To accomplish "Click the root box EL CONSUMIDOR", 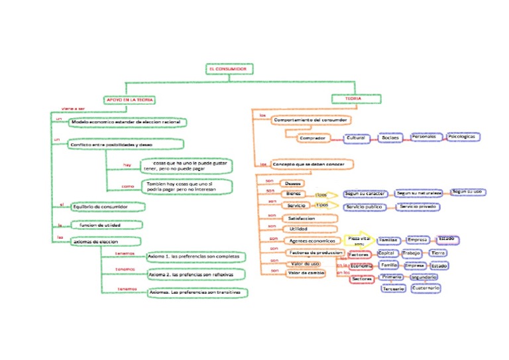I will coord(229,69).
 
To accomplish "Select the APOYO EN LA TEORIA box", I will coord(129,99).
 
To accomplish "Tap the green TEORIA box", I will coord(357,99).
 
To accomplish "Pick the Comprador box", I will coord(311,139).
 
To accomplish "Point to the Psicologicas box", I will coord(462,137).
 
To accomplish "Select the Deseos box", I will coord(292,184).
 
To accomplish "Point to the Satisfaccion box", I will coord(302,217).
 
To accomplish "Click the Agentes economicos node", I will coord(311,241).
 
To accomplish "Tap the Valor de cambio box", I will coord(306,272).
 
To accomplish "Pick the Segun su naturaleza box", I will coord(418,193).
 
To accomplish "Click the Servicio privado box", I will coord(417,207).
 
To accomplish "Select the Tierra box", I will coord(438,253).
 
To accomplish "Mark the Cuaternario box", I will coord(424,288).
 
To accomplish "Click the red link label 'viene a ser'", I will coord(73,108).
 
